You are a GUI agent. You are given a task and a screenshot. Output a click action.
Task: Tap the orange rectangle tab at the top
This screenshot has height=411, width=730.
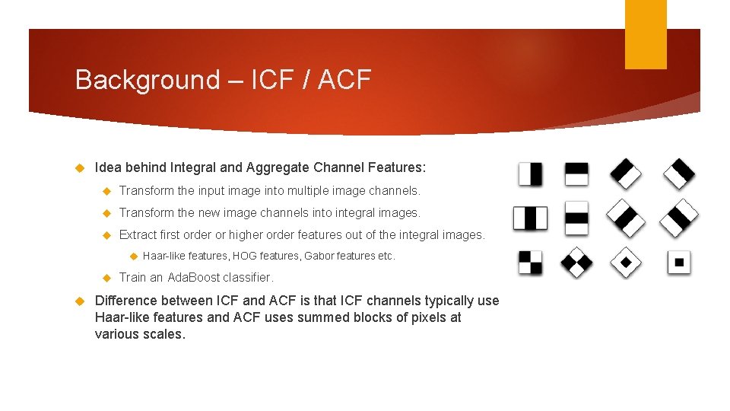coord(645,34)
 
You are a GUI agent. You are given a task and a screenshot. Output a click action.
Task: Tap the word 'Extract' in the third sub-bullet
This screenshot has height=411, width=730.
coord(139,234)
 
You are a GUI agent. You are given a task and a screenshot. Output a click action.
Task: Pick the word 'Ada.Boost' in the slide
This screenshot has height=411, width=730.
coord(193,277)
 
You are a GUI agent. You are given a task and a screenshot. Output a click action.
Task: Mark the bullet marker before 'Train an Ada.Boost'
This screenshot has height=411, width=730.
coord(107,277)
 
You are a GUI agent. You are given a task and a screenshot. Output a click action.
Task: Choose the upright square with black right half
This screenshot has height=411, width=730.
coord(530,174)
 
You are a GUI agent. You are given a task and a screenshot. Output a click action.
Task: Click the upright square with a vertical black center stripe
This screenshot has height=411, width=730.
coord(530,218)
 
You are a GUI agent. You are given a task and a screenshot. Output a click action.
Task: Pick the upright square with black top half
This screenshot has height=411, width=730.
coord(576,174)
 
